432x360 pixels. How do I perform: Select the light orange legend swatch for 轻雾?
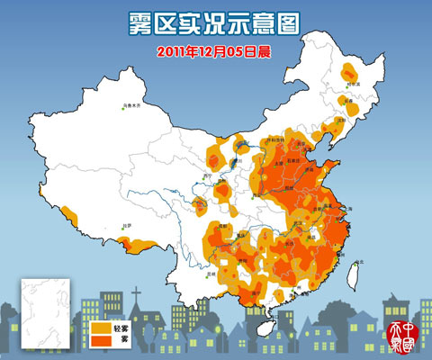point(99,329)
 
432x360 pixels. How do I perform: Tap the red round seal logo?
point(397,336)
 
